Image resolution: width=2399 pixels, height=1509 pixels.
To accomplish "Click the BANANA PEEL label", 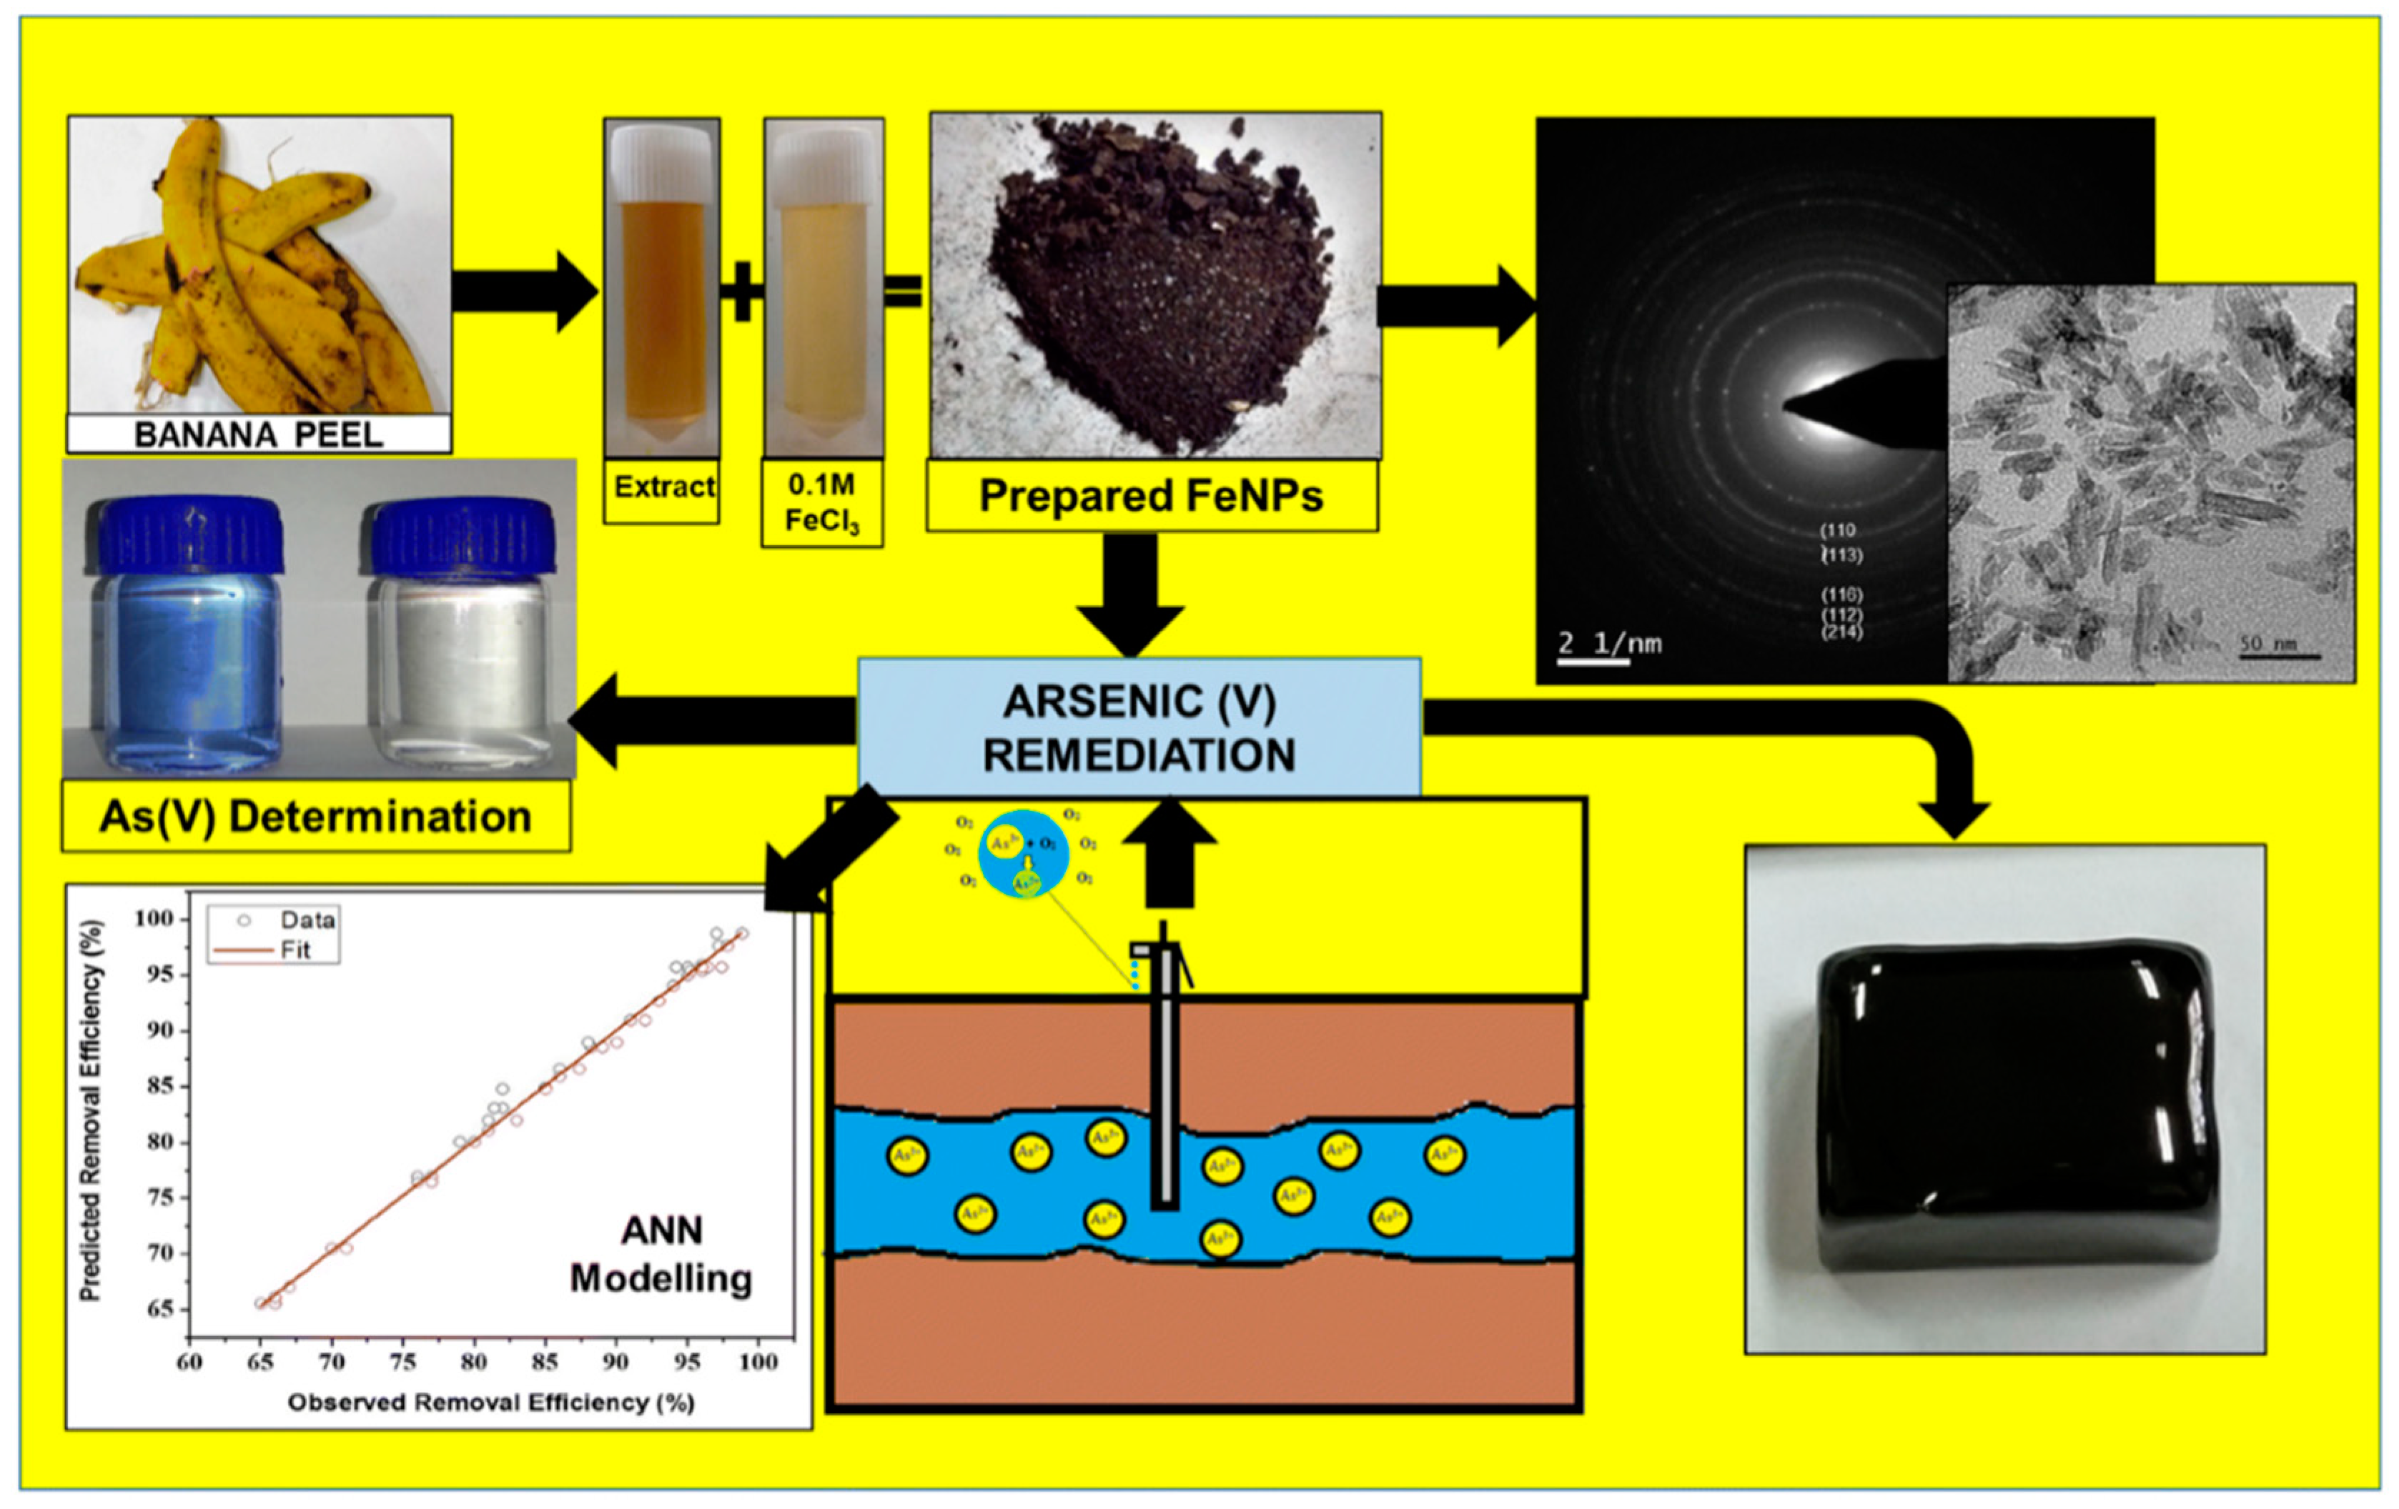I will point(258,435).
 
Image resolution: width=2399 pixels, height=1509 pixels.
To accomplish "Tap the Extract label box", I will point(663,487).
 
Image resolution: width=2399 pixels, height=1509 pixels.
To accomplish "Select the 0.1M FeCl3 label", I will point(822,502).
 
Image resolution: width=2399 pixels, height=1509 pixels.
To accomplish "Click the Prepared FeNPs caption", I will point(1151,495).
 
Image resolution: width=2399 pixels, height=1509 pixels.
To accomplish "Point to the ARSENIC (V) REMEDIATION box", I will point(1139,728).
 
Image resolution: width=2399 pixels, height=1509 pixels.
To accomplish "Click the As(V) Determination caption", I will point(316,817).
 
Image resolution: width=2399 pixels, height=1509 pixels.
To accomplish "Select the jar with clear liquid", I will point(460,637).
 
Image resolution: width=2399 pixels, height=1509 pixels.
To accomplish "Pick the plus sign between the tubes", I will point(741,292).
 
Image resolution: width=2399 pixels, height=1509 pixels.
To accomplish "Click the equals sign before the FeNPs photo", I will point(903,292).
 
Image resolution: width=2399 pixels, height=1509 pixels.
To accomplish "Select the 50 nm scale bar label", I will point(2267,644).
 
